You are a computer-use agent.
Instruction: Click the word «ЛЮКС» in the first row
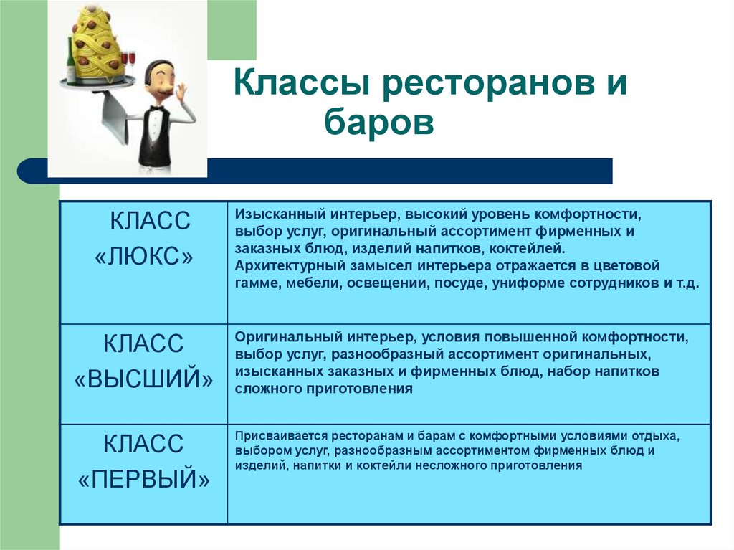click(x=143, y=257)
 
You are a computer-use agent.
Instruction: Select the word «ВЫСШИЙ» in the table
click(x=143, y=379)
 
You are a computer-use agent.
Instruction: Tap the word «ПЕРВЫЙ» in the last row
click(x=143, y=479)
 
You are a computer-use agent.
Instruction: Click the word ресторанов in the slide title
click(x=485, y=85)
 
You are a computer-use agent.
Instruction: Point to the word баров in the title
click(x=379, y=122)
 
